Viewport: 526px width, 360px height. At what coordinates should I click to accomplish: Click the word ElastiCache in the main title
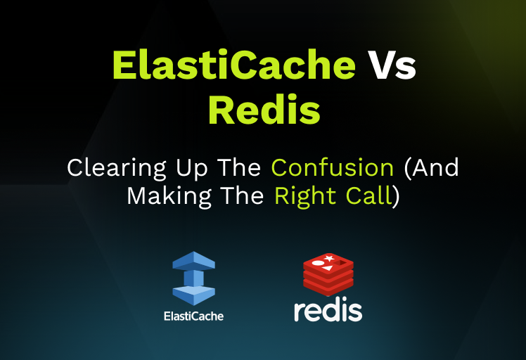[233, 67]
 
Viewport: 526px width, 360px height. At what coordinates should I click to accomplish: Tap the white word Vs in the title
[391, 67]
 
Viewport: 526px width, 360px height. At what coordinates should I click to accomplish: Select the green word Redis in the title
[263, 110]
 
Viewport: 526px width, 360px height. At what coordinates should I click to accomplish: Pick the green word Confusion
[333, 168]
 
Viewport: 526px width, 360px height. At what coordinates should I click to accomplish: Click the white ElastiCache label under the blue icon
[193, 316]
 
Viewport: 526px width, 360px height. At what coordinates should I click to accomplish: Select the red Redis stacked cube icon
[328, 274]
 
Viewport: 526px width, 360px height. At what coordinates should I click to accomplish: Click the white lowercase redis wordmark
[328, 310]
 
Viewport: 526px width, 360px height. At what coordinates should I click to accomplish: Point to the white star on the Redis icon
[329, 259]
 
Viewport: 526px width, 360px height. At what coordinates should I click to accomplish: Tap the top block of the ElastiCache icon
[193, 261]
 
